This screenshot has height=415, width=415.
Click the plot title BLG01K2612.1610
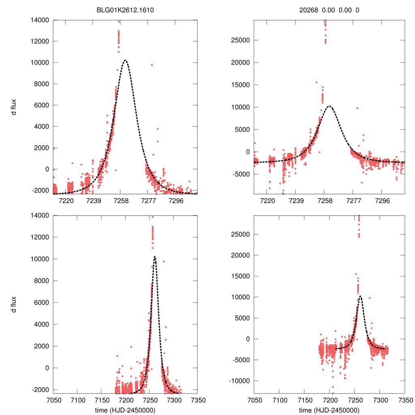(125, 11)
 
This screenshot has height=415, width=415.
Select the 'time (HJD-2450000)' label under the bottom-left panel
(125, 410)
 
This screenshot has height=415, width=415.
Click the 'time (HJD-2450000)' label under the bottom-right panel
(329, 410)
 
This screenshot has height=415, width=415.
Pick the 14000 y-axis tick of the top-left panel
(41, 20)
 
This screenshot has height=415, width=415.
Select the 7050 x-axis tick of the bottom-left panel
(53, 400)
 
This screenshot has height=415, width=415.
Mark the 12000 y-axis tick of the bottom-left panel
(41, 237)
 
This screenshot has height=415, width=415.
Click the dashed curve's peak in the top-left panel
(125, 60)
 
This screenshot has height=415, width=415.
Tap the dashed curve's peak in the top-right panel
(329, 106)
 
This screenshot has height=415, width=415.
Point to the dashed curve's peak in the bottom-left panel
(154, 257)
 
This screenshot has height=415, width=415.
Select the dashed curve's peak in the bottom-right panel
(360, 296)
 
